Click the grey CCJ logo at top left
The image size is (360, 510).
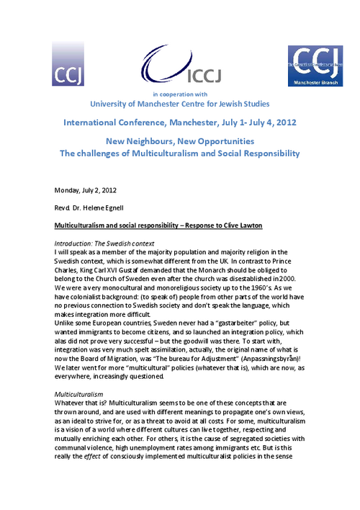[68, 63]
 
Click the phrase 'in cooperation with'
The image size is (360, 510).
[179, 94]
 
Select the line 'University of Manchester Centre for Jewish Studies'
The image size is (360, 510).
[180, 105]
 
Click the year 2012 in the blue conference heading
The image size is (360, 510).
[289, 122]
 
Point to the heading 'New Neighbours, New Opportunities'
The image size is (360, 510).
[179, 140]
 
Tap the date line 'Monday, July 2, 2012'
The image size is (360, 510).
[86, 190]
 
